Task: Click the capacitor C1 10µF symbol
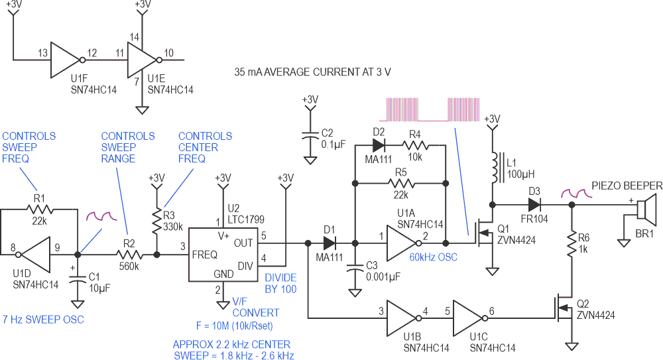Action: pos(78,278)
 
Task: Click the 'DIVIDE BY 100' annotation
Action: pos(280,284)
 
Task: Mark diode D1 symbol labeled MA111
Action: pos(330,243)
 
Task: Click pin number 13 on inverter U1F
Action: pos(42,52)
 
